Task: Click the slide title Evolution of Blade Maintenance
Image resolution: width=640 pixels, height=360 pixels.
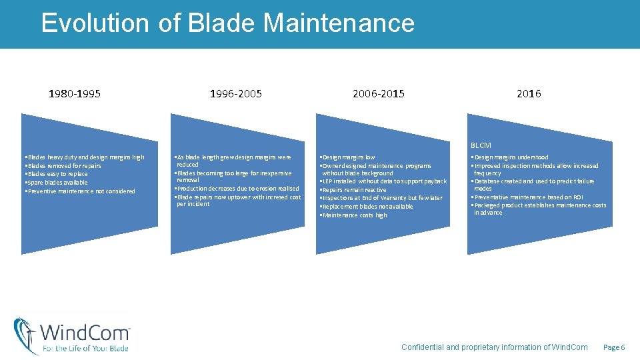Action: coord(227,23)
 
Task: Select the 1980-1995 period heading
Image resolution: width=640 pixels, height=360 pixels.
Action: coord(75,94)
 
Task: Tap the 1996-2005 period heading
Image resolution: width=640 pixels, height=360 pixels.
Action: coord(236,94)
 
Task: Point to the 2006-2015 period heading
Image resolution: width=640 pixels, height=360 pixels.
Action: coord(378,94)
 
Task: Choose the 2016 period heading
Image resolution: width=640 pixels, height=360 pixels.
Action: coord(529,94)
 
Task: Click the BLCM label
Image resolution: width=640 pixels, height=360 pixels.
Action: coord(481,145)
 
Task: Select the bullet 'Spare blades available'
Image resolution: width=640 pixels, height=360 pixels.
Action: coord(57,183)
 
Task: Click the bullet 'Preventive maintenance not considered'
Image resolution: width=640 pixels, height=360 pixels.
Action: coord(80,191)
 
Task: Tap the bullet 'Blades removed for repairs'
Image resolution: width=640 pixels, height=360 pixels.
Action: coord(63,166)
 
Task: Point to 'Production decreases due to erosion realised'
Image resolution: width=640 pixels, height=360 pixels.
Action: coord(237,189)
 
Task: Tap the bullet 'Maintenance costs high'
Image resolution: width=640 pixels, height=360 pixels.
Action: coord(354,215)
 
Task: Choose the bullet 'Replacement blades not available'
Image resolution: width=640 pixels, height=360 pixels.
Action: coord(367,207)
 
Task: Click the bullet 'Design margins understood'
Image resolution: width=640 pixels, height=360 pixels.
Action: coord(510,158)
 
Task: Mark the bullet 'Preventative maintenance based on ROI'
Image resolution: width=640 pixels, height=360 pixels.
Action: coord(527,197)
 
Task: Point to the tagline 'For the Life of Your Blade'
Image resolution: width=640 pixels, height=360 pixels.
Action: coord(85,348)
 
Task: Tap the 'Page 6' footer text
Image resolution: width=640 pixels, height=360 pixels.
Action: coord(614,347)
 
